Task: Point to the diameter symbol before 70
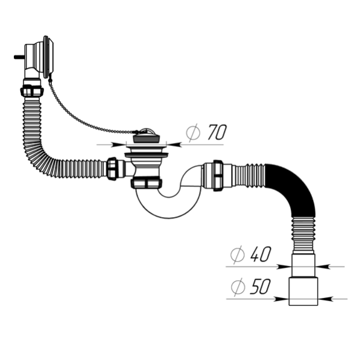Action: pyautogui.click(x=192, y=133)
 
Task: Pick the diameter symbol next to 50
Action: pyautogui.click(x=238, y=288)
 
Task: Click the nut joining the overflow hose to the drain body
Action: pyautogui.click(x=112, y=168)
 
